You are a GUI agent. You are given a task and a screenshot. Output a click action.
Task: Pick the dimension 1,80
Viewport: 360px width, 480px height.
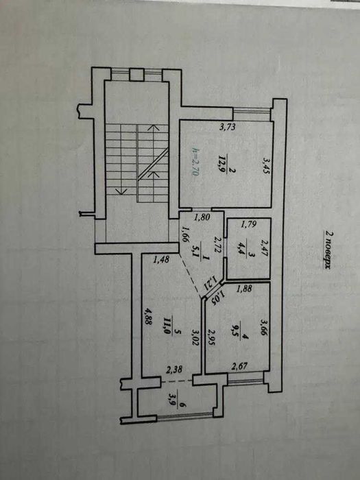(202, 219)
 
